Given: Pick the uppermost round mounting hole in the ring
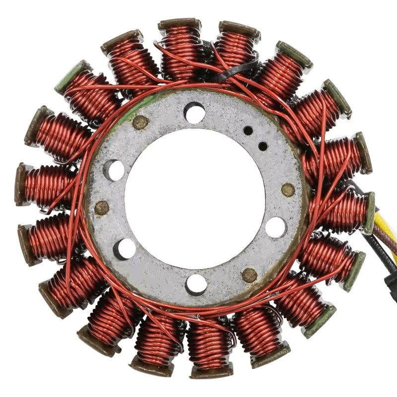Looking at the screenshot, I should [x=194, y=112].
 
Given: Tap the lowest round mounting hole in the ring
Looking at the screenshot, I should [x=196, y=284].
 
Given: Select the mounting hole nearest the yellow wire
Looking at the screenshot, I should [x=276, y=227].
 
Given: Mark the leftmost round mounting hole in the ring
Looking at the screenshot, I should [x=114, y=170].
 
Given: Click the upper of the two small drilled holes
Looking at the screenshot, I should [x=248, y=131].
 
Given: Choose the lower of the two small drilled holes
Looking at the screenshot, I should [x=263, y=146].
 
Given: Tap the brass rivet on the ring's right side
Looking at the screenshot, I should [x=288, y=190].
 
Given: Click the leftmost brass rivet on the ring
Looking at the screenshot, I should [x=102, y=207].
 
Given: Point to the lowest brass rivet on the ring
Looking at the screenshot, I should [x=249, y=274].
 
